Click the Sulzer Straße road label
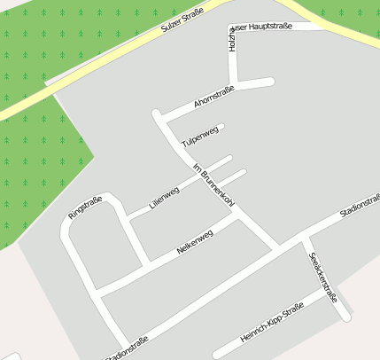click(182, 20)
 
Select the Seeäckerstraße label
click(323, 277)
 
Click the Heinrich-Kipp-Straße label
click(272, 323)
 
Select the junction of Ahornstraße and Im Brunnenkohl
click(162, 120)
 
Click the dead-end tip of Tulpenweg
click(221, 127)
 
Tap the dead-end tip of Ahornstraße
click(270, 82)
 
